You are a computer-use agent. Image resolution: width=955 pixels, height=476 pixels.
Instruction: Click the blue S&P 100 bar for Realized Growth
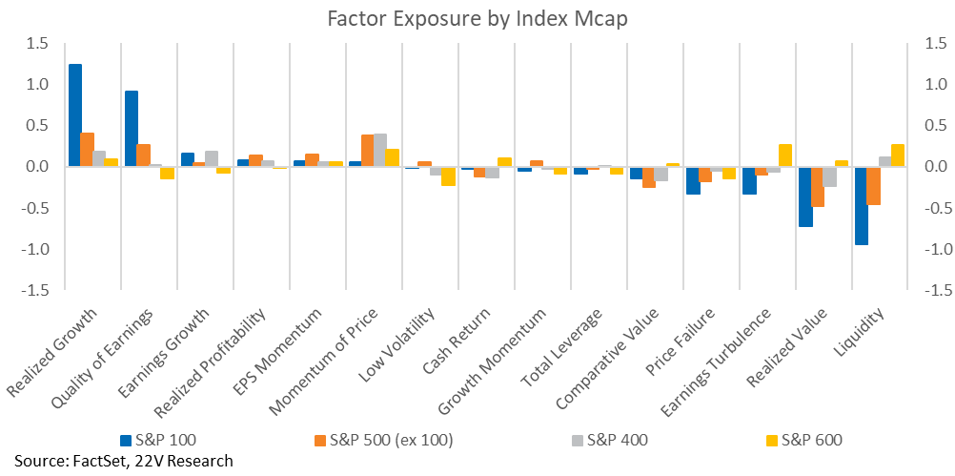(x=75, y=115)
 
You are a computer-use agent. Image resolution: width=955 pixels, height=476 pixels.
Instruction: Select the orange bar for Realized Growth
(x=87, y=150)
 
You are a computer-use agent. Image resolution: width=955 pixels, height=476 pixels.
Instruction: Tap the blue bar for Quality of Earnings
(x=131, y=129)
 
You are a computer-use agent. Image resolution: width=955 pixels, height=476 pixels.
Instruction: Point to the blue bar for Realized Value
(x=805, y=197)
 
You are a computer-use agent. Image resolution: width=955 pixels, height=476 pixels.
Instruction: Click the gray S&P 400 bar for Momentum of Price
(x=380, y=150)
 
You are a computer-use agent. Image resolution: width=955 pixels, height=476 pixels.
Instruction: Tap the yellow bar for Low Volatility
(x=448, y=176)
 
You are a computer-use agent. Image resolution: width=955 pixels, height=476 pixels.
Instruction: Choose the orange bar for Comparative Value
(x=649, y=177)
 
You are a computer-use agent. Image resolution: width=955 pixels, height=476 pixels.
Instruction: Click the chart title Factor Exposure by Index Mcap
(x=477, y=19)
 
